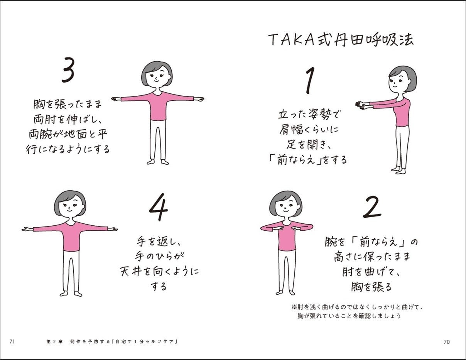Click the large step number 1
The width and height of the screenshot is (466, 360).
(x=309, y=81)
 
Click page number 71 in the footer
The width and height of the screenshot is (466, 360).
(x=12, y=341)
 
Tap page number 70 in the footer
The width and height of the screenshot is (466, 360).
(x=447, y=341)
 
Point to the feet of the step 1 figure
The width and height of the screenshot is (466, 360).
(x=399, y=170)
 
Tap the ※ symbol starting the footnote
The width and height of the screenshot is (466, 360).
(x=294, y=308)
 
